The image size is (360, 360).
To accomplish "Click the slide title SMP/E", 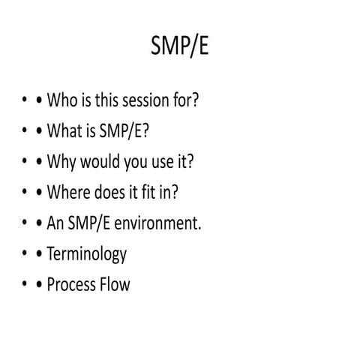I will pos(180,49).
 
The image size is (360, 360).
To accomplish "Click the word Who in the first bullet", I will pos(62,100).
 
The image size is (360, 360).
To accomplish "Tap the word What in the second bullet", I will pos(64,131).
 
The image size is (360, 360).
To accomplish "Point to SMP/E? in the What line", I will pos(124,131).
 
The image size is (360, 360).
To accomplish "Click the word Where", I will pos(69,193).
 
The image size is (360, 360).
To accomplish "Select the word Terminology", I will pos(86,254).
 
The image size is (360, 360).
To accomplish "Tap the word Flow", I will pos(115,285).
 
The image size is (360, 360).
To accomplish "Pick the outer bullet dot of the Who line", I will pos(26,101).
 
